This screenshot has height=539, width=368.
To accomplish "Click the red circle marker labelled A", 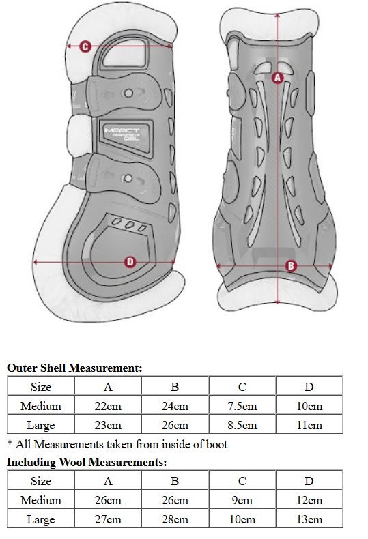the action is click(277, 78).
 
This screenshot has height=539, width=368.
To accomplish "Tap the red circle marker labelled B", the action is click(291, 265).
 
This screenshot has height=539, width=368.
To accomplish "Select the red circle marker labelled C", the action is click(85, 46).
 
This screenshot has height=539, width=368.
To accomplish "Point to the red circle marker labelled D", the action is click(130, 262).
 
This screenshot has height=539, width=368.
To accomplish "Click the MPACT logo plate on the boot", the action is click(126, 139).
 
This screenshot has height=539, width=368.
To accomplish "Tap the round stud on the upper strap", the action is click(128, 93).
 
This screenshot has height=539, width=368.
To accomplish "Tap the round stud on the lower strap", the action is click(128, 179).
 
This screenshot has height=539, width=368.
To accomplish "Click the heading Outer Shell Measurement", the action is click(74, 368).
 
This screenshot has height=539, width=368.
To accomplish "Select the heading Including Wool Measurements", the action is click(87, 463).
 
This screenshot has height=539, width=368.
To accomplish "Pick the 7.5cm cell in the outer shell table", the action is click(242, 406).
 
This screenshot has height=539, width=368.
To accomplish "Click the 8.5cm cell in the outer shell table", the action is click(242, 425).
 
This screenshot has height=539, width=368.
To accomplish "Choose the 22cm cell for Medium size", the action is click(108, 406).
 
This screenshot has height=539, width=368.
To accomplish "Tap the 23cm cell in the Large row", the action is click(108, 425).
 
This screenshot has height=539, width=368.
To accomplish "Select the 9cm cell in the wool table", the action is click(242, 500).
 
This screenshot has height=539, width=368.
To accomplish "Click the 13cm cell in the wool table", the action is click(309, 519).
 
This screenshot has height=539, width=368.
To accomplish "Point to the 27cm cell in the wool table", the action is click(108, 519).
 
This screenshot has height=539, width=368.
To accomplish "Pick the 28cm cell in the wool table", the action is click(175, 519).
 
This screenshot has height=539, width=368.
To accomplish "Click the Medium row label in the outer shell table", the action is click(41, 406).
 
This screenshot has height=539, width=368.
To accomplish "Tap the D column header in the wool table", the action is click(309, 481).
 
